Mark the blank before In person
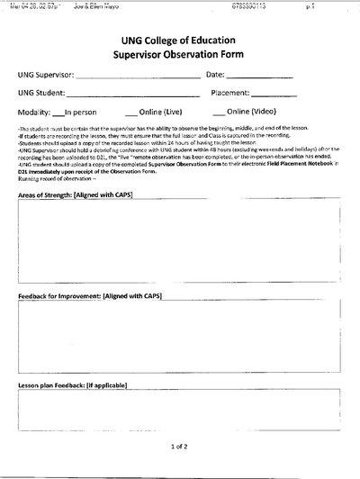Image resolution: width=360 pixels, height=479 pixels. coord(58,114)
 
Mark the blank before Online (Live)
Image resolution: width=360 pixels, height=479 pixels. coord(131,114)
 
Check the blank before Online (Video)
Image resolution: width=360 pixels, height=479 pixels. coord(220,114)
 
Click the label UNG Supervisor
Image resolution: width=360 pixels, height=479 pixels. coord(51,75)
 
